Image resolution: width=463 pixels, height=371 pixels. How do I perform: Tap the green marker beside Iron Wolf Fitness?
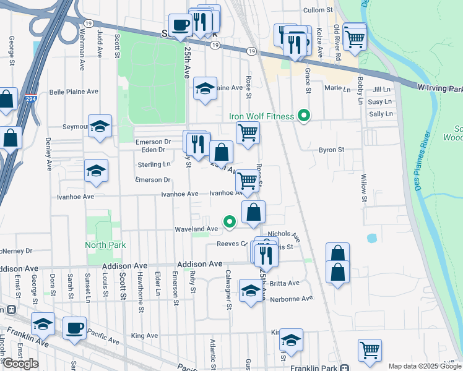point(303,116)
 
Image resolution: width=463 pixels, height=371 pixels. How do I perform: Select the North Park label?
point(106,245)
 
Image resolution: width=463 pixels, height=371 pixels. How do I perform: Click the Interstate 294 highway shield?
point(30,98)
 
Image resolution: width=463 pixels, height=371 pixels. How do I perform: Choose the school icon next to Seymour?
point(100,126)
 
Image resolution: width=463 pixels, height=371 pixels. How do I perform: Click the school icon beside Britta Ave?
point(251,290)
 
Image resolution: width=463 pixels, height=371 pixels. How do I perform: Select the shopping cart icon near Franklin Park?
point(370,349)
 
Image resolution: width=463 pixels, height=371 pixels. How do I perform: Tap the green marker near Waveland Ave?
point(230,221)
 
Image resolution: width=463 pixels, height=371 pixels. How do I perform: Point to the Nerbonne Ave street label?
point(292,299)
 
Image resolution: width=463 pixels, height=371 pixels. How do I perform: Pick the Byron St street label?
point(331,150)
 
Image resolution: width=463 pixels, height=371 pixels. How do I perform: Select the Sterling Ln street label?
point(154,164)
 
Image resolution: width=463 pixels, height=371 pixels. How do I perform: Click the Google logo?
point(20,364)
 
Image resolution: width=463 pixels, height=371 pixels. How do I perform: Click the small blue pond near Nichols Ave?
point(371,237)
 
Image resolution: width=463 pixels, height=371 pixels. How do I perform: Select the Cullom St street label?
point(319,11)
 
